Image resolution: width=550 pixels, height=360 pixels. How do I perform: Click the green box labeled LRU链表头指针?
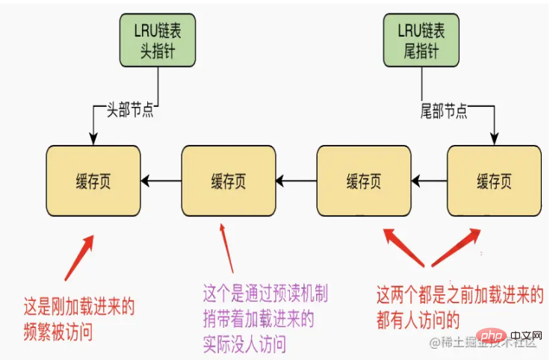(158, 40)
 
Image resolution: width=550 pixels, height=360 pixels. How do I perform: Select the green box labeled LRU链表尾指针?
(421, 40)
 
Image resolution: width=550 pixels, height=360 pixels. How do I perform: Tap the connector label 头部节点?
(130, 110)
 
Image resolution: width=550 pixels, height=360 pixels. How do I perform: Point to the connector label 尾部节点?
(444, 111)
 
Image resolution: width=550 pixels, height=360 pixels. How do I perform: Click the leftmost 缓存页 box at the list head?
(93, 181)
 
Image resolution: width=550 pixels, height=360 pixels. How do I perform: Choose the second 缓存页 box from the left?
(229, 181)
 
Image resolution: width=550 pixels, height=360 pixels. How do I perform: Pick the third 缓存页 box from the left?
(364, 181)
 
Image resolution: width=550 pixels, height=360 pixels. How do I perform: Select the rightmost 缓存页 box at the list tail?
(494, 181)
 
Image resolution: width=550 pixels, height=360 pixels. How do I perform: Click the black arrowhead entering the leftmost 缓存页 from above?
(93, 140)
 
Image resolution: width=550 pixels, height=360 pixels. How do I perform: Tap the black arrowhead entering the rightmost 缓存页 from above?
(494, 140)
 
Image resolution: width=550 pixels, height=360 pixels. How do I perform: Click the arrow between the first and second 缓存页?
(161, 181)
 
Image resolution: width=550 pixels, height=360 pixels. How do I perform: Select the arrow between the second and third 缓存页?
(297, 181)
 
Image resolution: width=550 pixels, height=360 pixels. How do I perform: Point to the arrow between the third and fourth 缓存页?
(430, 181)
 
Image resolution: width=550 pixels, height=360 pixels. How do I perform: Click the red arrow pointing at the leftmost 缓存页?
(79, 258)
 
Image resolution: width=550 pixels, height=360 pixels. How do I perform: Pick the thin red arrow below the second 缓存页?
(226, 248)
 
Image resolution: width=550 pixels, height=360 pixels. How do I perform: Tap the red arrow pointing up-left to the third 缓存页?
(404, 247)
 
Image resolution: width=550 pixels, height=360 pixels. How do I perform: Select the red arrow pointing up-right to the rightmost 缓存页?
(456, 247)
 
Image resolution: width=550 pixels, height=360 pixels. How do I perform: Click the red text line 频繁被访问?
(58, 332)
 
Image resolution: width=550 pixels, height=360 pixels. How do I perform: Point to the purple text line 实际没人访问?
(244, 344)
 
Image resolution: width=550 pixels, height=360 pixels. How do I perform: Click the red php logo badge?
(491, 337)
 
